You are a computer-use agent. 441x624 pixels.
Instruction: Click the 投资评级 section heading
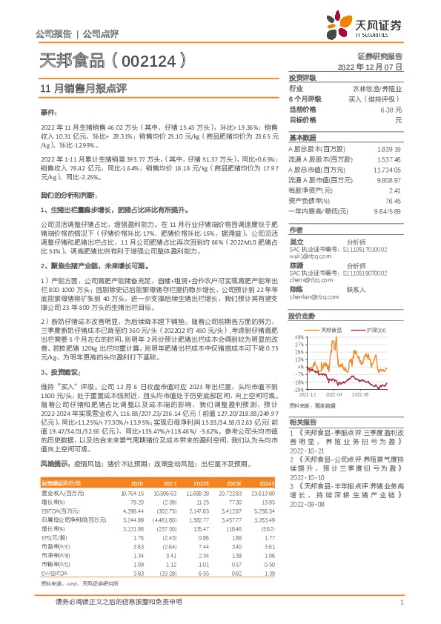[302, 77]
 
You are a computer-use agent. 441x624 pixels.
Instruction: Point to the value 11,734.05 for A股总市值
[388, 169]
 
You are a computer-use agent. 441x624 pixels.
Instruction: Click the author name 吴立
[296, 242]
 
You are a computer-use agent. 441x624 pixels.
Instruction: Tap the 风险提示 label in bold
[53, 462]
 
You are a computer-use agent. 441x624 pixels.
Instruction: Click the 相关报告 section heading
[302, 421]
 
